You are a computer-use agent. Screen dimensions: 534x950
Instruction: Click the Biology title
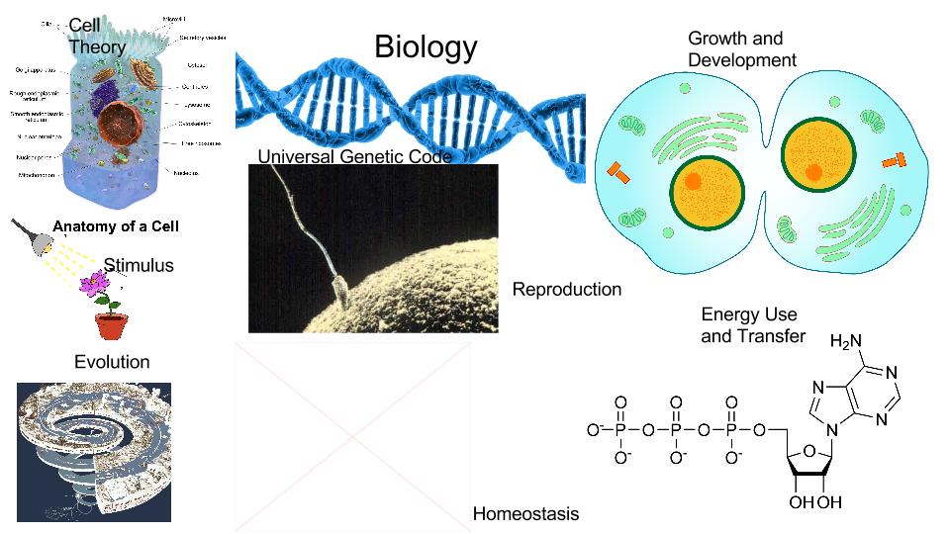click(426, 46)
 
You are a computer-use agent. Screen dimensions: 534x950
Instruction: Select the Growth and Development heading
click(741, 49)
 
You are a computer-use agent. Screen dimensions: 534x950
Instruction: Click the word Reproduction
click(567, 290)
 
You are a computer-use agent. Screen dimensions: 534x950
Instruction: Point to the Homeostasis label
click(525, 514)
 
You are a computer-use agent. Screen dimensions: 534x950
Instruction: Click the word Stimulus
click(139, 265)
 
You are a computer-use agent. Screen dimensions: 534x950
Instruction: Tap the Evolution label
click(112, 363)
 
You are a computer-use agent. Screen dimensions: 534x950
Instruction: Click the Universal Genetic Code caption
click(354, 157)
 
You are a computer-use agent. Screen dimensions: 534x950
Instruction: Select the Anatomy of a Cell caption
click(115, 226)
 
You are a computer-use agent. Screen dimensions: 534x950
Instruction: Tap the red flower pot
click(112, 325)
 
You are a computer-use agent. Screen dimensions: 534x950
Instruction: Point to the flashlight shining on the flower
click(28, 233)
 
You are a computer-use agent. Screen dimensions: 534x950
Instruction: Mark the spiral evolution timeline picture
click(94, 451)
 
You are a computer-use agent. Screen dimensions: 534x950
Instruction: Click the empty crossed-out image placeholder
click(352, 437)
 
